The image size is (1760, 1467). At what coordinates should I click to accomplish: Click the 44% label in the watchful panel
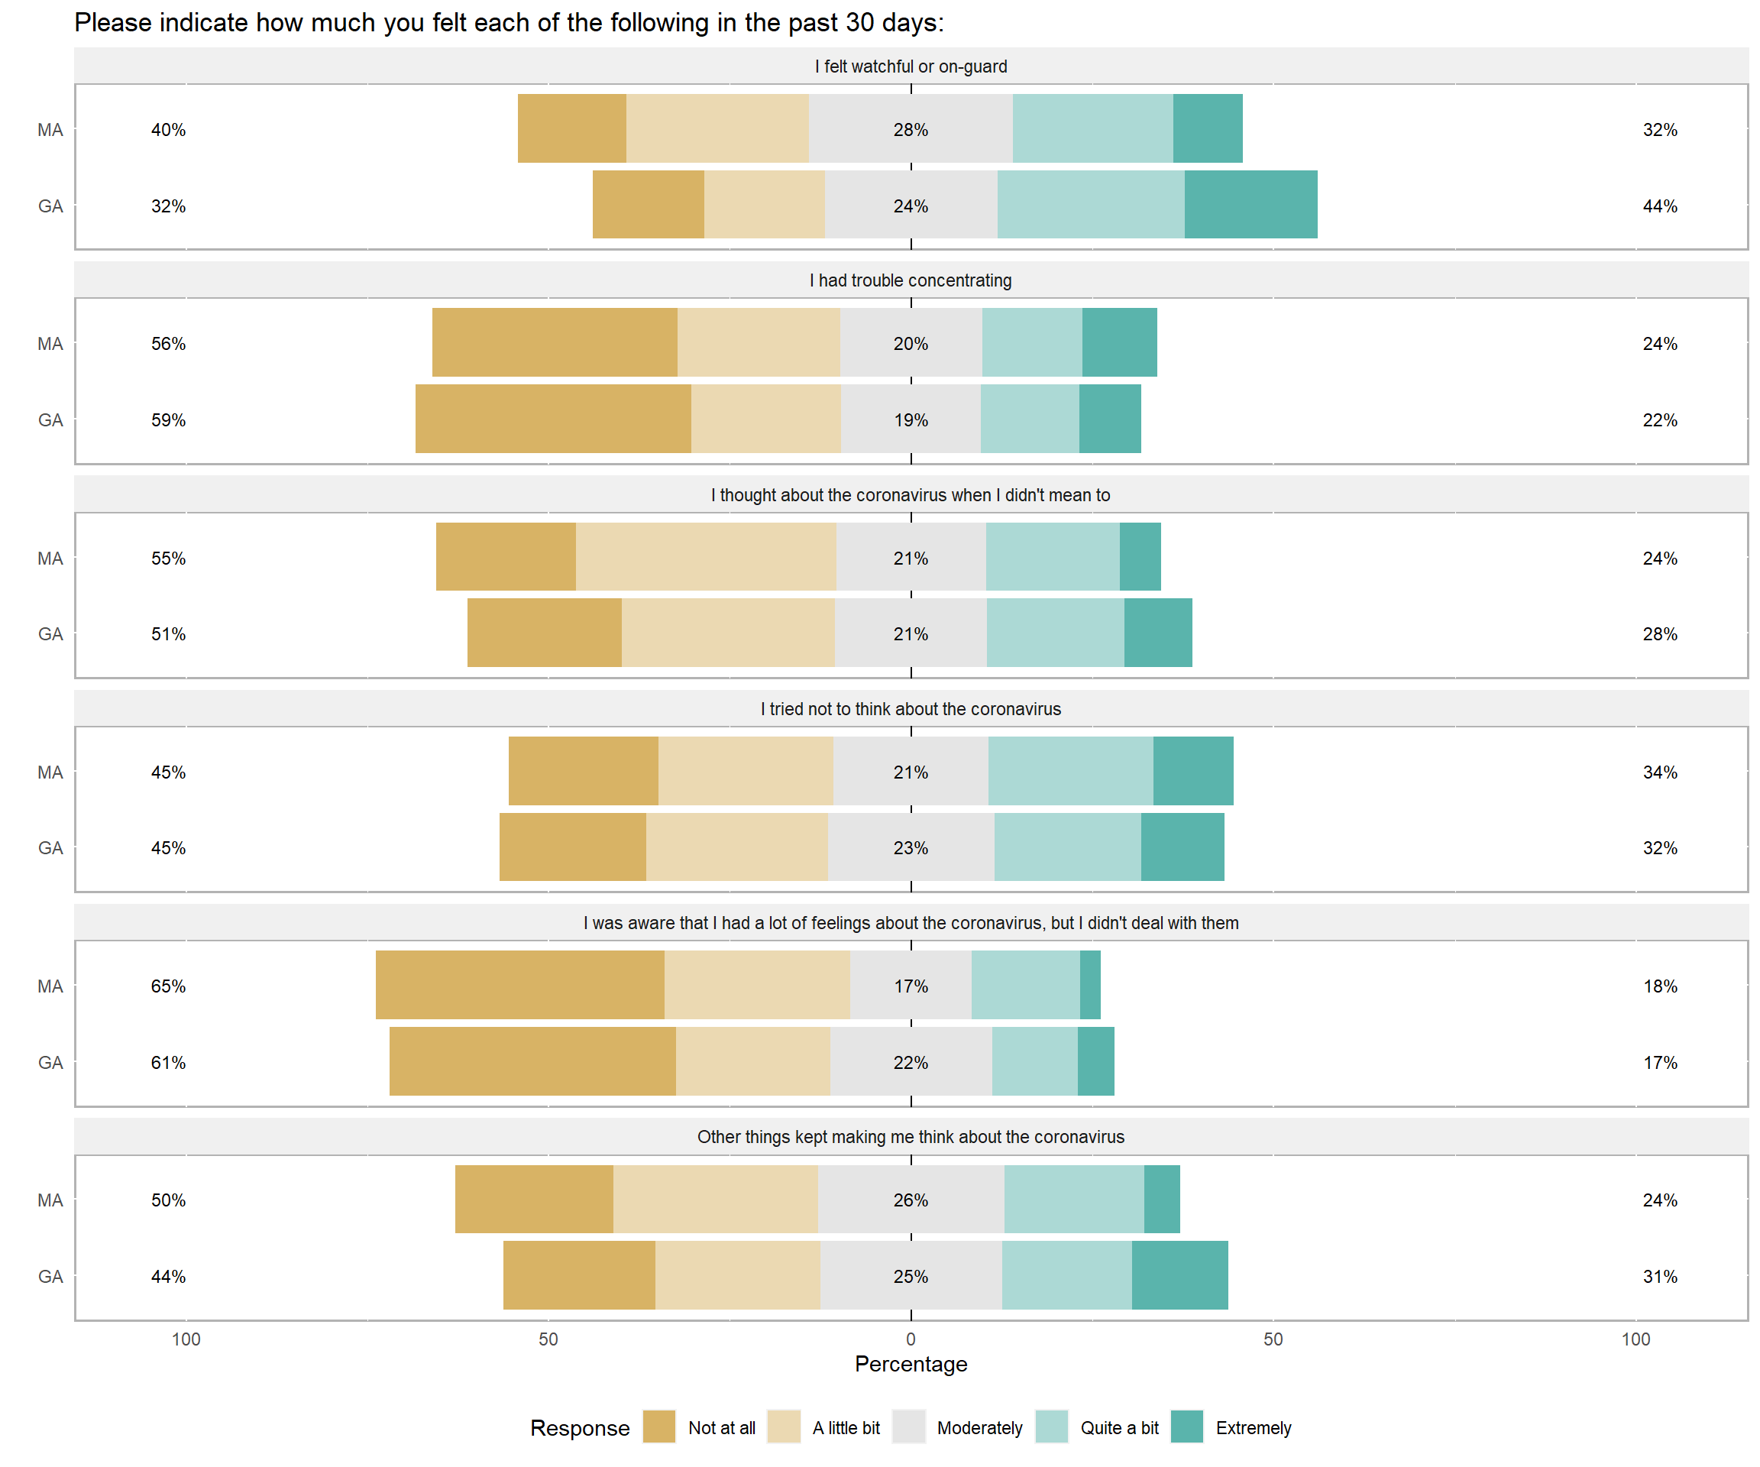pyautogui.click(x=1659, y=206)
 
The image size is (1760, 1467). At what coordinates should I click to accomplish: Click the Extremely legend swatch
pyautogui.click(x=1187, y=1427)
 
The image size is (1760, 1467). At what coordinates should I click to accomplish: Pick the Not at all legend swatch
pyautogui.click(x=659, y=1427)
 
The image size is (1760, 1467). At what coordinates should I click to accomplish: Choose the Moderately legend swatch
pyautogui.click(x=908, y=1427)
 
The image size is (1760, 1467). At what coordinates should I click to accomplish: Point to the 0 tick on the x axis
pyautogui.click(x=911, y=1339)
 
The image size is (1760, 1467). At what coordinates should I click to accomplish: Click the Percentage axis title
pyautogui.click(x=911, y=1364)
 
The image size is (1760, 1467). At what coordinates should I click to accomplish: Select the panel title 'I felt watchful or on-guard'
pyautogui.click(x=911, y=66)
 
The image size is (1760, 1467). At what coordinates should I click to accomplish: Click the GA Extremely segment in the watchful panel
pyautogui.click(x=1250, y=205)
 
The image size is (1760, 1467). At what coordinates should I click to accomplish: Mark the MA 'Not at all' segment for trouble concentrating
pyautogui.click(x=555, y=342)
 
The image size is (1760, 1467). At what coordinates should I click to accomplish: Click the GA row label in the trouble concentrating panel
pyautogui.click(x=50, y=420)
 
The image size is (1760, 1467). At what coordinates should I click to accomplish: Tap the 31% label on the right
pyautogui.click(x=1659, y=1276)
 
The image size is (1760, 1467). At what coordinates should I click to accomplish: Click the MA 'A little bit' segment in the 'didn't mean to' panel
pyautogui.click(x=706, y=557)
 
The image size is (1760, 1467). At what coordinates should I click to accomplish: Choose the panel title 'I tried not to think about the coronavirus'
pyautogui.click(x=911, y=709)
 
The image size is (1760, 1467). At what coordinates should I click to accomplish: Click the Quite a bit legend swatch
pyautogui.click(x=1051, y=1427)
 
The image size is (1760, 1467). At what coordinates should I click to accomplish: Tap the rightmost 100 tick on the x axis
pyautogui.click(x=1635, y=1339)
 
